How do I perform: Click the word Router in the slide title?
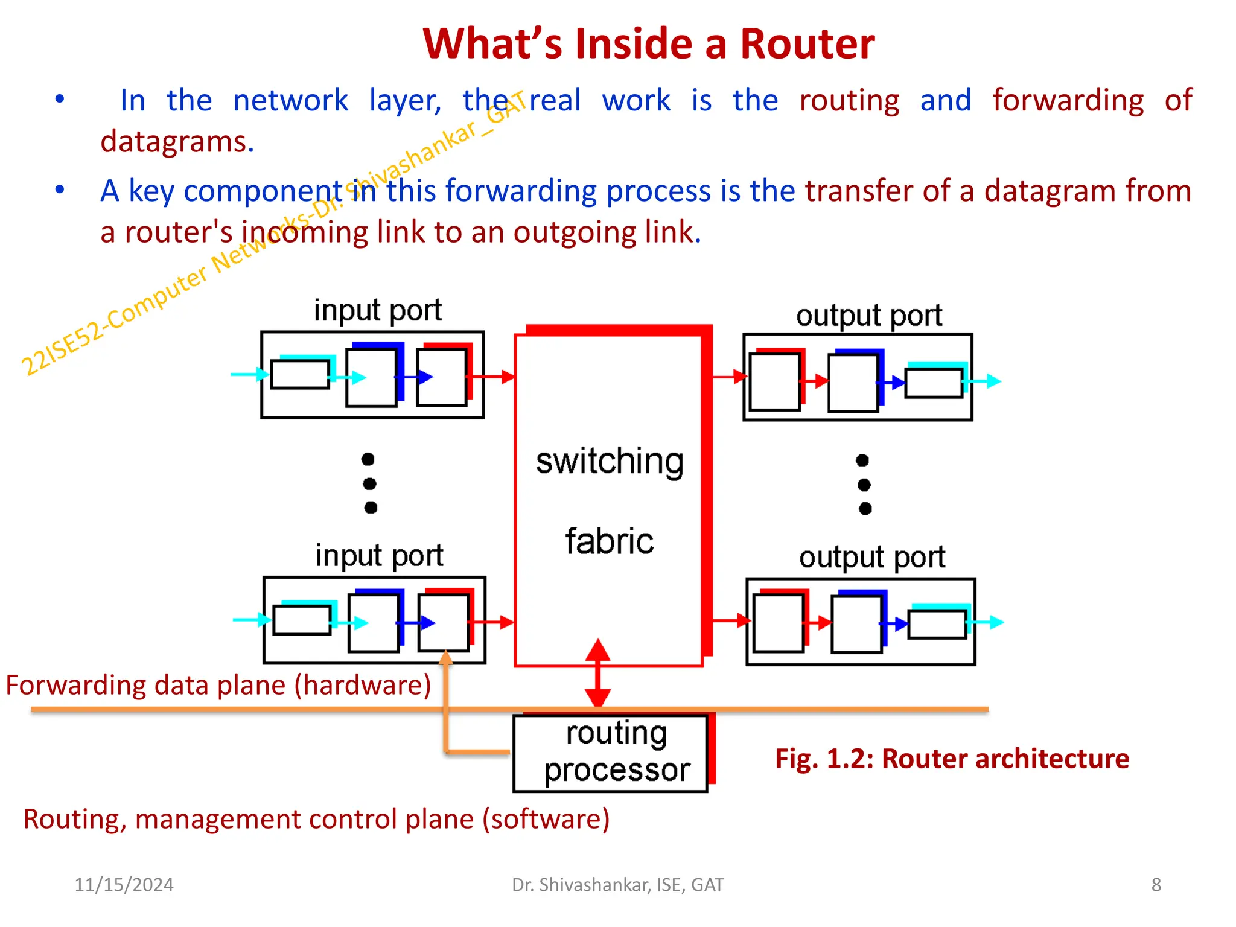pos(807,44)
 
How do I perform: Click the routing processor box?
pos(610,753)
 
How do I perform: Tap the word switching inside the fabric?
pos(610,462)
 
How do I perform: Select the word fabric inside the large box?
pos(610,541)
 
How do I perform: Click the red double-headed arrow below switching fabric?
pos(597,673)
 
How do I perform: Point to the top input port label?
pos(378,310)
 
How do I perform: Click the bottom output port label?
pos(871,557)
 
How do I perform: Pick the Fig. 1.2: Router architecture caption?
pos(952,759)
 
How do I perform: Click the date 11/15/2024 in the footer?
pos(124,884)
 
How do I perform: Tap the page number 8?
pos(1156,884)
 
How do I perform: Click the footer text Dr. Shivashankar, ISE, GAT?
pos(617,884)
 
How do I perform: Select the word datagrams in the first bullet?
pos(177,142)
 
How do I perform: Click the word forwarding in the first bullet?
pos(1068,100)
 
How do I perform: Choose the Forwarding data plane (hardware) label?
pos(218,685)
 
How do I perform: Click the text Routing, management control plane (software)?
pos(316,819)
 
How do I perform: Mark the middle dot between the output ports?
pos(864,485)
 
